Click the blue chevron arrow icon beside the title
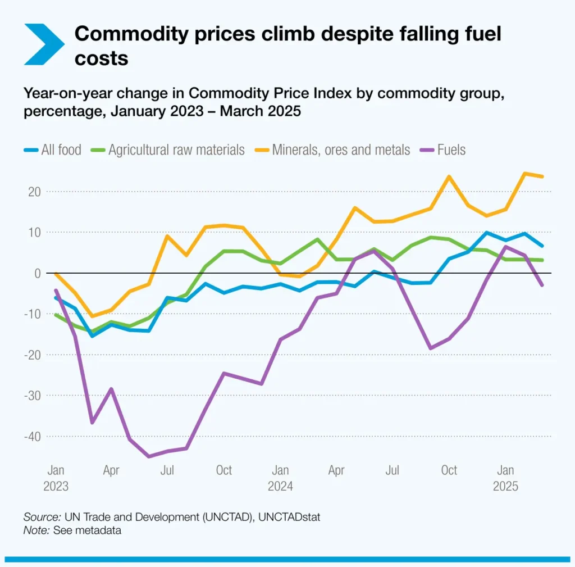(44, 44)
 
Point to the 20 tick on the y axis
(35, 192)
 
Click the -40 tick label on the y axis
(32, 437)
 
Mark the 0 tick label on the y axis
(38, 273)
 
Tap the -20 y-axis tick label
(32, 355)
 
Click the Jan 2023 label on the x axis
(56, 478)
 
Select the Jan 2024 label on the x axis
(280, 478)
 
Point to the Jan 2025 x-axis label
(505, 478)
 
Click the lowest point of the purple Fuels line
(149, 456)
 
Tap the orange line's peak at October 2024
(449, 176)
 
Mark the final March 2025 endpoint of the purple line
(542, 285)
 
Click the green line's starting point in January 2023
(56, 315)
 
